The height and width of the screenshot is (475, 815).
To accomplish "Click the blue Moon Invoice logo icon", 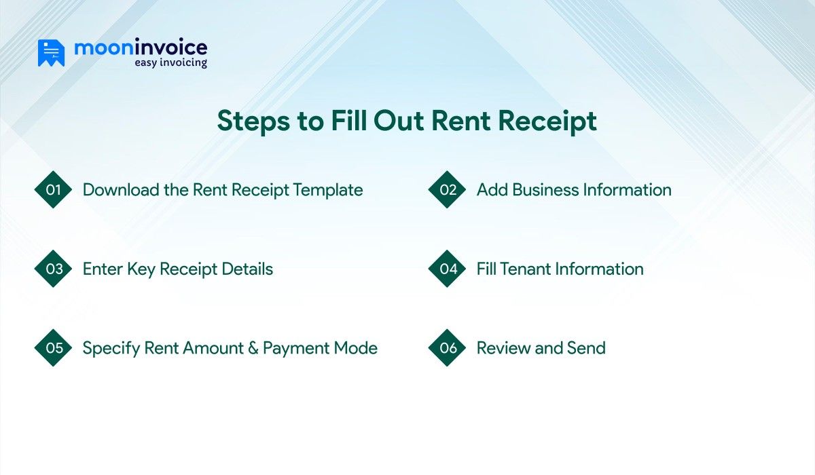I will tap(51, 53).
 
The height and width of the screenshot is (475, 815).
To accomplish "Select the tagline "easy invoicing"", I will tap(169, 63).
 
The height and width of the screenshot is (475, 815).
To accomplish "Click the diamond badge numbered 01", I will tap(54, 190).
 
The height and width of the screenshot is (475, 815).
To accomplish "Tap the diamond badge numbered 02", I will tap(448, 190).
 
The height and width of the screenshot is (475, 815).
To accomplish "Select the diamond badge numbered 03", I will tap(54, 269).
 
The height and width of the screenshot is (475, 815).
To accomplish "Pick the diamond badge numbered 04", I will tap(448, 269).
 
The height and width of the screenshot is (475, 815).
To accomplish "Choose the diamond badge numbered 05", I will tap(54, 348).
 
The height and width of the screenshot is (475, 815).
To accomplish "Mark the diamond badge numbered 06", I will tap(448, 348).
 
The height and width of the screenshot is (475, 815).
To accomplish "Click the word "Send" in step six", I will tap(585, 348).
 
